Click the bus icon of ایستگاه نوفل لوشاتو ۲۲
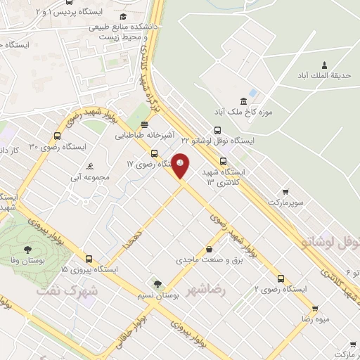click(217, 130)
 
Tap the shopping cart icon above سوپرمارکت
click(285, 191)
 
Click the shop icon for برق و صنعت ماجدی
click(209, 249)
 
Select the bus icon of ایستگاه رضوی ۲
click(281, 278)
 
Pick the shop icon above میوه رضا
click(315, 308)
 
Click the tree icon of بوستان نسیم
click(157, 285)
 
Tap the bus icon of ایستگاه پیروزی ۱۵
click(89, 258)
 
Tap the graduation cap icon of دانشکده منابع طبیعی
click(124, 16)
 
